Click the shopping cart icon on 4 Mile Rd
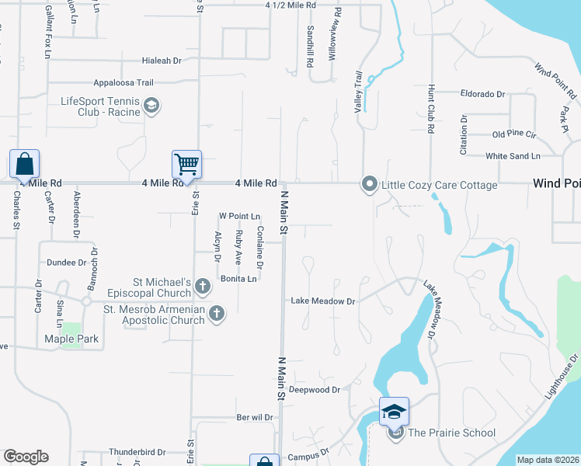186,165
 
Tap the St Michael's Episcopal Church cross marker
202,287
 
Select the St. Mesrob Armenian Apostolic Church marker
216,314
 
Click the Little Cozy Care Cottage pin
369,184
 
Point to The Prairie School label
451,433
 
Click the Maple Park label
71,339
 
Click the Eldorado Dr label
482,94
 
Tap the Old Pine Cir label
514,134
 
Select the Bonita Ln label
238,278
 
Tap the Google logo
26,457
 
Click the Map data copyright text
548,460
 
